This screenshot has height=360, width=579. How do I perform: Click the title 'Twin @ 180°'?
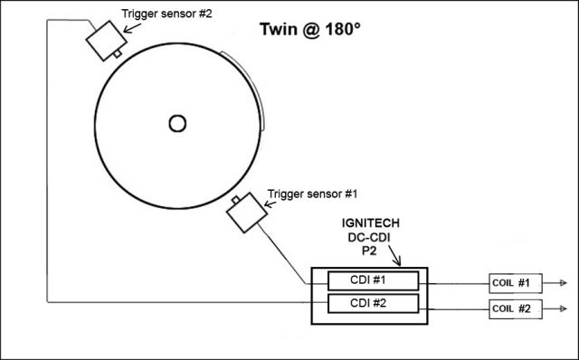310,30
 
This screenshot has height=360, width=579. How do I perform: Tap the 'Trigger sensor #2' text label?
166,14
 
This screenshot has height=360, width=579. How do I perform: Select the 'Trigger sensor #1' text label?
312,194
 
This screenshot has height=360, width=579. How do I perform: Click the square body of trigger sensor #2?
106,40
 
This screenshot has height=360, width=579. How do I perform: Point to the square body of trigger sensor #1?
246,213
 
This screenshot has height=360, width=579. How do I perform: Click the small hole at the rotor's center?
177,124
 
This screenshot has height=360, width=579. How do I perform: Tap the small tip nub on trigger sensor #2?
118,53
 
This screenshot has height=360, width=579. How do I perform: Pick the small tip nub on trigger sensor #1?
235,200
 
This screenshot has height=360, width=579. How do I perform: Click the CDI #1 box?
374,281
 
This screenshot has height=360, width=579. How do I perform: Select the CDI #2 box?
374,304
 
